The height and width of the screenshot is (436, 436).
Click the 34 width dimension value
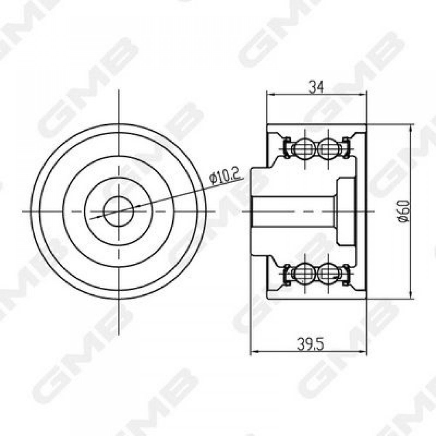316,88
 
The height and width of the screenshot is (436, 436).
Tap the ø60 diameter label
404,211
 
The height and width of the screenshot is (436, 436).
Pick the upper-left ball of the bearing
305,149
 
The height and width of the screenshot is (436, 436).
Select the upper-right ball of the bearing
328,149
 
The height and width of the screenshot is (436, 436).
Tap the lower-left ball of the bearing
305,274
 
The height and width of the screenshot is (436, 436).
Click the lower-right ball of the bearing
328,274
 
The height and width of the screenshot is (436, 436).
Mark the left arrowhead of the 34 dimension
271,95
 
